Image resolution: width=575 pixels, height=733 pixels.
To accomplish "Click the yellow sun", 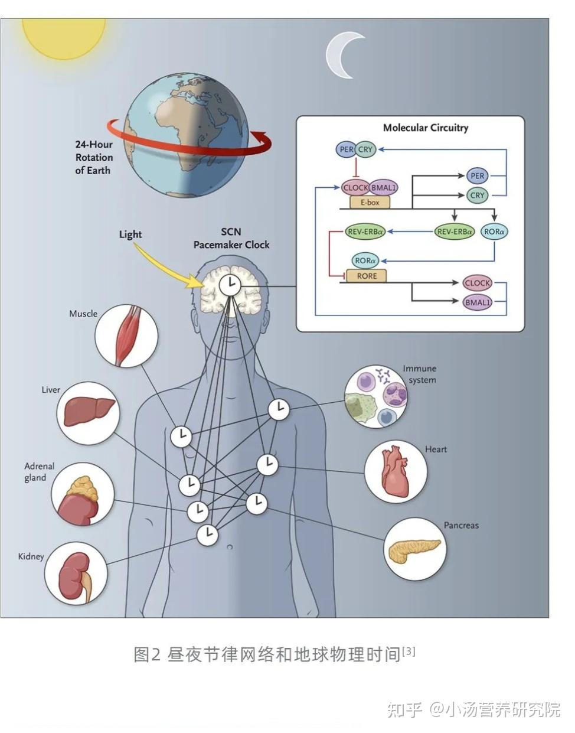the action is (64, 37).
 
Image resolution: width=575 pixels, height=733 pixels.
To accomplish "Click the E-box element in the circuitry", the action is (370, 203).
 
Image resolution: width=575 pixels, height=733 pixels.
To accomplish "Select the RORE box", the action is (367, 276).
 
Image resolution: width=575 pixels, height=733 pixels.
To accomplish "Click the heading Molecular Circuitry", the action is (426, 128).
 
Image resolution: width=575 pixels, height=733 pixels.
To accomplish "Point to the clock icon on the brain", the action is (230, 285).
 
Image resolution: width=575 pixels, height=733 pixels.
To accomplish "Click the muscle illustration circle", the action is (126, 336).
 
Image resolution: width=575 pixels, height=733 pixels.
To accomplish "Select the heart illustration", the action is (396, 471).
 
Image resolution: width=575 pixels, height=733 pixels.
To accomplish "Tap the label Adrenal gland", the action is (39, 472).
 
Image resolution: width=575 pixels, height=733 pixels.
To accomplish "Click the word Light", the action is (130, 234).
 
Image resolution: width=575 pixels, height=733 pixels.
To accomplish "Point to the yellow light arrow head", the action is (195, 282).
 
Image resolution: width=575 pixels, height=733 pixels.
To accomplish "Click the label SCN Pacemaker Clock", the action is (231, 238).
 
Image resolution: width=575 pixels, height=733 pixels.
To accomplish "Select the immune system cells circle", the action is (376, 397).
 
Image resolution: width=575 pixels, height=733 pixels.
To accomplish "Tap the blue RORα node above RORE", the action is (365, 260).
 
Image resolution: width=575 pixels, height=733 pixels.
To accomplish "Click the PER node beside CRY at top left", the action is (346, 149).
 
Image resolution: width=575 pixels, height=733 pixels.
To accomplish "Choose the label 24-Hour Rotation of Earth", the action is (94, 158).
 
